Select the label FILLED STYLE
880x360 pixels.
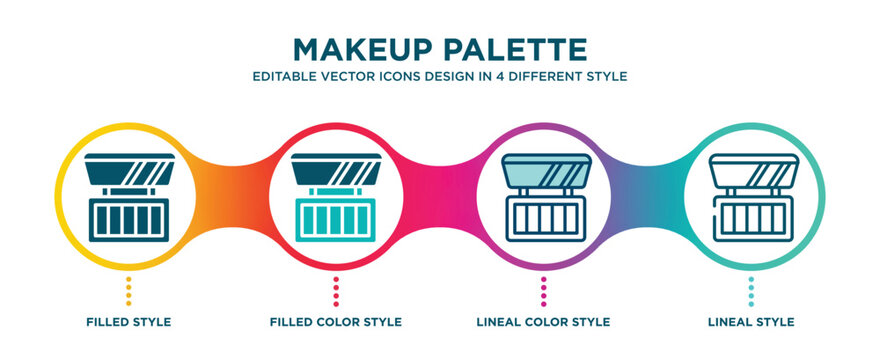pos(127,322)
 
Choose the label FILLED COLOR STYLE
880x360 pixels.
pos(336,322)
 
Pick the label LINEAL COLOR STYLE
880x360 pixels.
pos(543,322)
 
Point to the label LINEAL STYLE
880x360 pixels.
pos(751,322)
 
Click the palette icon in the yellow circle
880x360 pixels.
pos(127,197)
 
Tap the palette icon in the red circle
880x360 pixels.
pos(336,197)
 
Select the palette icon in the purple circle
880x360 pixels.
pos(543,197)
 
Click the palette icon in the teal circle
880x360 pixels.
pos(751,197)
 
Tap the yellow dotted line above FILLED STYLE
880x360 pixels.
pos(127,292)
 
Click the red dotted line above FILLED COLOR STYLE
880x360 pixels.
pos(336,292)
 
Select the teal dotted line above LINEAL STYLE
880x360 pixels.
pos(751,292)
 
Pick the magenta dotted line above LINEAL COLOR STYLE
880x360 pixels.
pos(543,292)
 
